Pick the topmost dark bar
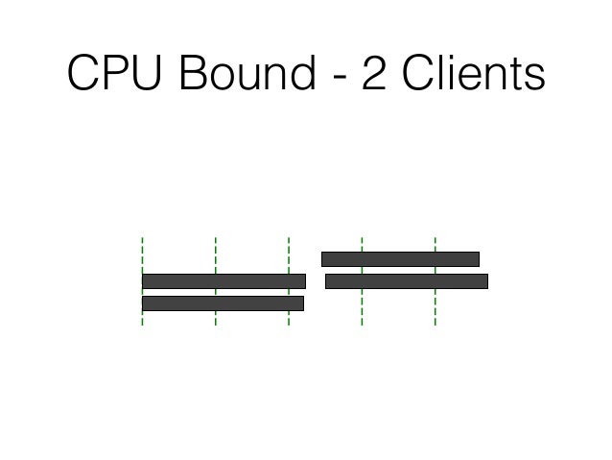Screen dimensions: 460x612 (400, 258)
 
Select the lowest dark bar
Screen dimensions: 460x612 (223, 303)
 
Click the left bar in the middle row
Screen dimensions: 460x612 (224, 281)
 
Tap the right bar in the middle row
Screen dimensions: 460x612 (406, 281)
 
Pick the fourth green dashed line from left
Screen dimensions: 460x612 (362, 307)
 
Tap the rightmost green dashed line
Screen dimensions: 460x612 (435, 307)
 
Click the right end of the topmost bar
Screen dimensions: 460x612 (476, 258)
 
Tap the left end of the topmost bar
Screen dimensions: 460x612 (324, 258)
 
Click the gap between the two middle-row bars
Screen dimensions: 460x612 (316, 281)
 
